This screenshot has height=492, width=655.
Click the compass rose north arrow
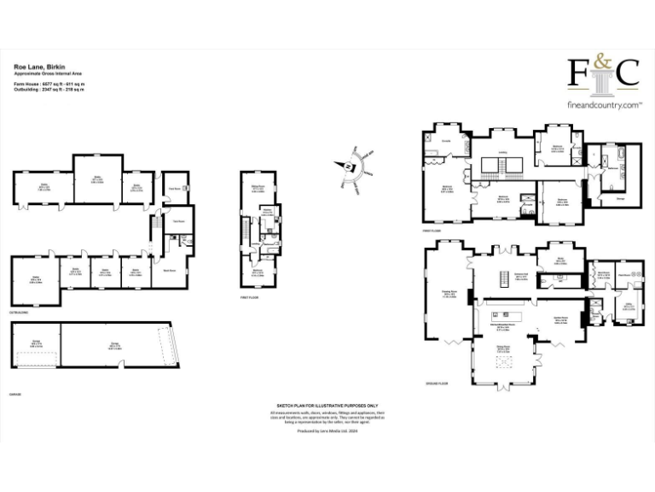349,166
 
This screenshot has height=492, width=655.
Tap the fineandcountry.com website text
604,105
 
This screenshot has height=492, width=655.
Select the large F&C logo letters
603,73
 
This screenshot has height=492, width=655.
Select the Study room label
560,260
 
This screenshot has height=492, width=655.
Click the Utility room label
629,305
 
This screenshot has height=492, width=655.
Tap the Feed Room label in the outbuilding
173,189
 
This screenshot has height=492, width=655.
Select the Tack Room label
179,221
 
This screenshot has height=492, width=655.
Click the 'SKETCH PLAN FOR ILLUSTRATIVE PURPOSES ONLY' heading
327,407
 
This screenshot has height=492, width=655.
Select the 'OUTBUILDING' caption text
18,313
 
